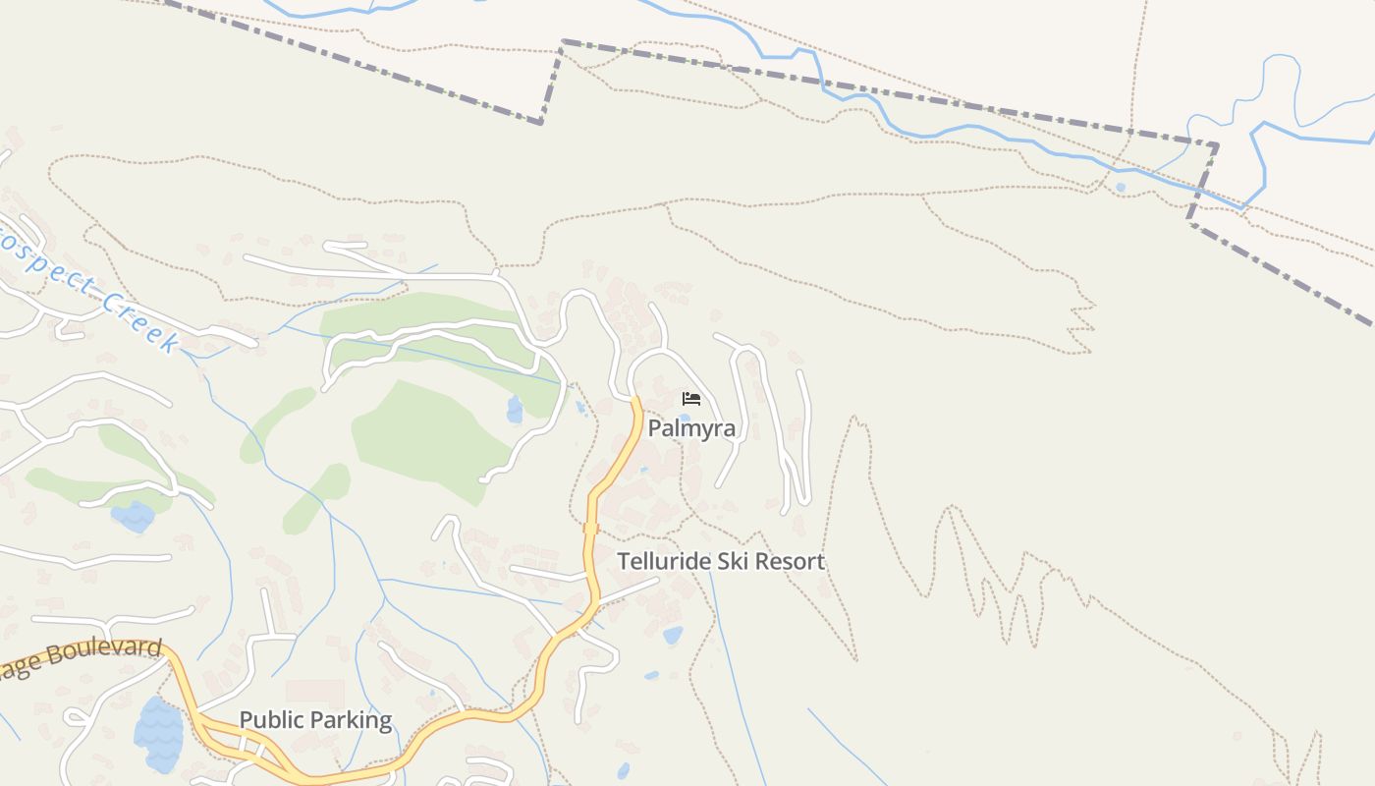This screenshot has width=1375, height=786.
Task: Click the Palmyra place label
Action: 691,428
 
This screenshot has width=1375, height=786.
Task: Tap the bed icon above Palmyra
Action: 691,398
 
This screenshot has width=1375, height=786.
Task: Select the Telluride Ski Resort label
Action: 721,562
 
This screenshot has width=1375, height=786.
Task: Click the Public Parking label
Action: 315,720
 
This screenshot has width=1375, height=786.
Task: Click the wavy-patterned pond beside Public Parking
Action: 158,735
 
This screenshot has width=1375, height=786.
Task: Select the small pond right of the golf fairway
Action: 515,410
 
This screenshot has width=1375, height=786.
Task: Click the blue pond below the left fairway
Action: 134,516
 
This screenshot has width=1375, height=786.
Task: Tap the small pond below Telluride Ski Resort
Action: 673,635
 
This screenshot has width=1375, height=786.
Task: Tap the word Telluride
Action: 663,562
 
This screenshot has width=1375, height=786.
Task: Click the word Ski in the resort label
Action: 725,562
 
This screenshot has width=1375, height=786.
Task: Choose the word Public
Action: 272,720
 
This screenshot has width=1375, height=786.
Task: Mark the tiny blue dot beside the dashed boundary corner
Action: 1121,187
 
